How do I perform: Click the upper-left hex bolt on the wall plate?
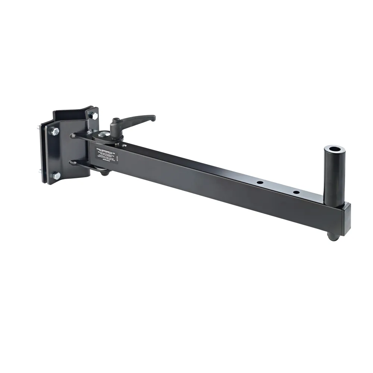55,131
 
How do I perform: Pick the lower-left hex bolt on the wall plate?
56,175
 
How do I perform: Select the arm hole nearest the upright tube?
296,192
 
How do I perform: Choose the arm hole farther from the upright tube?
260,184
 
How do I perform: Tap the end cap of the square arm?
346,218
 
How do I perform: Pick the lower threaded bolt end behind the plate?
40,172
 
